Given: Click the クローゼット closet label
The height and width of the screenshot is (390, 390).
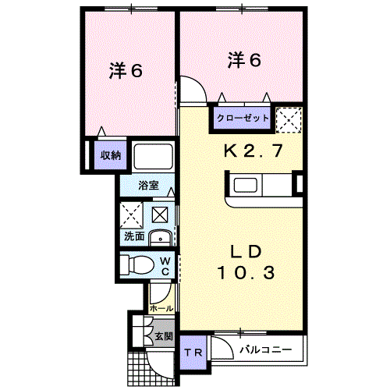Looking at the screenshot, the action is pos(243,118).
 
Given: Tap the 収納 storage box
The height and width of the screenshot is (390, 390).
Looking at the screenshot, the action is pos(111,155).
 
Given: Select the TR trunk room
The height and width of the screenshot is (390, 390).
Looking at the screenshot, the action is pos(193,353).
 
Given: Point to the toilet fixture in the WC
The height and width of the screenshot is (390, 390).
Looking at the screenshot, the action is pos(137,264).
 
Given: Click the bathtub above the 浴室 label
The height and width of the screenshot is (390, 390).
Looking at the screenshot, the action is pos(153,156).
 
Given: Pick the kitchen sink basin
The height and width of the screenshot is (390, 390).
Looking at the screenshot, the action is pos(246,185).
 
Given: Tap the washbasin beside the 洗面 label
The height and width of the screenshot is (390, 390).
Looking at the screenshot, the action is pos(160,238).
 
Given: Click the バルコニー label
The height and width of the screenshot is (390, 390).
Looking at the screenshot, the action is pos(265,349).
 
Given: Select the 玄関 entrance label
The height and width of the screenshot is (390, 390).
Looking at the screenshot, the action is pos(164,336).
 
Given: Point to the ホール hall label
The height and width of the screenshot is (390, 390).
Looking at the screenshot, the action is pos(161,309).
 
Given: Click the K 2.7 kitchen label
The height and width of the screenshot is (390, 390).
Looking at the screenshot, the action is pos(253,151).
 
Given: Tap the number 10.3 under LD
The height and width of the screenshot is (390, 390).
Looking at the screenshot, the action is pos(246,273).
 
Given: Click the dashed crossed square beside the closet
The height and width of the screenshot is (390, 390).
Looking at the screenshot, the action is pos(289,120).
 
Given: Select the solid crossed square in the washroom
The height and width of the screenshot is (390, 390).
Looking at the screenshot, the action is pos(160,214).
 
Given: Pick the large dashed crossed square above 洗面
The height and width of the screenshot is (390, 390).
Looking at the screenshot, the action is pos(131,215).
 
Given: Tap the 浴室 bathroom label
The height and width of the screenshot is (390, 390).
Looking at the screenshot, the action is pos(148,186).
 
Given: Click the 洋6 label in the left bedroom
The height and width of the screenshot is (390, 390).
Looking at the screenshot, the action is pos(126,70).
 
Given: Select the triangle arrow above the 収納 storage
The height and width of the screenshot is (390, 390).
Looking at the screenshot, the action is pos(101,131).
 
